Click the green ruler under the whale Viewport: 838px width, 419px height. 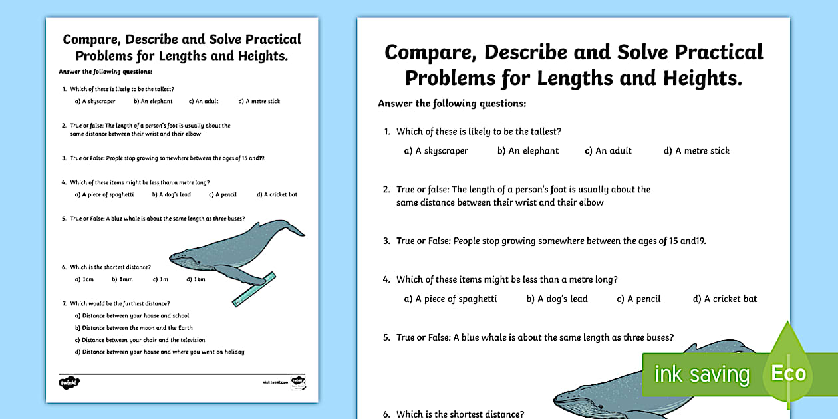point(254,289)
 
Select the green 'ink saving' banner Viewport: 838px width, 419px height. point(702,374)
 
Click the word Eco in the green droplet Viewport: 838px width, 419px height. point(788,373)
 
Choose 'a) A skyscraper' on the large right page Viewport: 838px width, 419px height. point(436,151)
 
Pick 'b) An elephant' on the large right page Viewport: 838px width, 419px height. point(528,151)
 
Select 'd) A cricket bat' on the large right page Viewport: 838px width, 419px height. point(725,299)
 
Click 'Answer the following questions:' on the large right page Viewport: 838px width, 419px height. point(452,104)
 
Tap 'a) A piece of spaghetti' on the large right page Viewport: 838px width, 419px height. point(450,299)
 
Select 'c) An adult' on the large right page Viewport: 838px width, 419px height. point(608,151)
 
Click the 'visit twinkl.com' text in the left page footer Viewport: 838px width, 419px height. point(275,382)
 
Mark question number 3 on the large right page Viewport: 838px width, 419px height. point(386,241)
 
